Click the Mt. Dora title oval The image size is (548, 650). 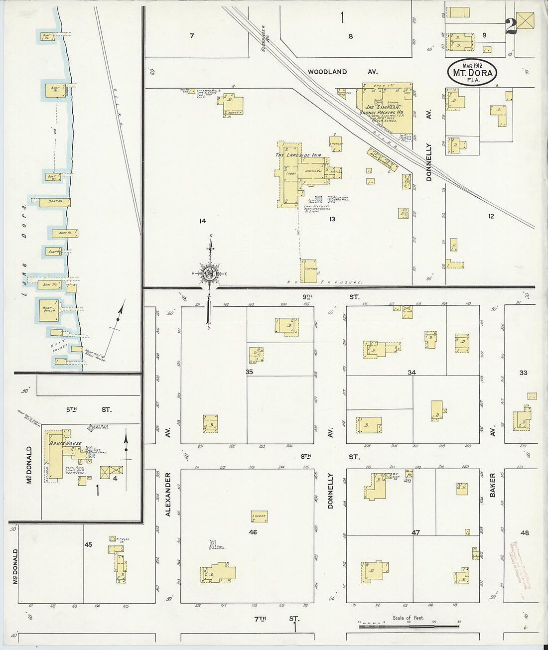(472, 72)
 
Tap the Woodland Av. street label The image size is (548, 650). (342, 72)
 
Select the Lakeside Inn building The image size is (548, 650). (299, 174)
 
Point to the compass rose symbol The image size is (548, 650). (210, 273)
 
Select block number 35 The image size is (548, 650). (249, 372)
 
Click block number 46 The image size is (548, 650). (253, 532)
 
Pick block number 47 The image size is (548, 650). (415, 532)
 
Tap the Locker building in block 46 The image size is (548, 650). (259, 516)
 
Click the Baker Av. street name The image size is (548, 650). (493, 485)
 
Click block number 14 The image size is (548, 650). (202, 221)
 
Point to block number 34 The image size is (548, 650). (411, 372)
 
